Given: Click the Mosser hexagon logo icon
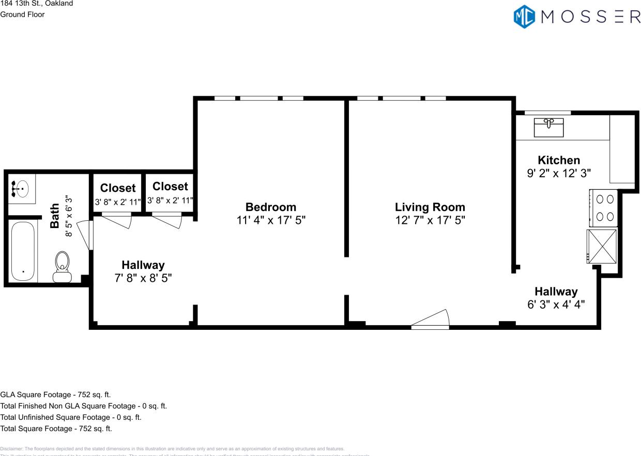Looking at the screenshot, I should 524,16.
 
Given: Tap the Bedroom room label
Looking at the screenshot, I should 271,207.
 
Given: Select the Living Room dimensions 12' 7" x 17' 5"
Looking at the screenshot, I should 430,220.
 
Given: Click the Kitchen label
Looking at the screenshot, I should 559,160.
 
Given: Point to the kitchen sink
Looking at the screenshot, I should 548,127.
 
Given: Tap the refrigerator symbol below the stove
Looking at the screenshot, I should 602,246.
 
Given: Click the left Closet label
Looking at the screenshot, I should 118,188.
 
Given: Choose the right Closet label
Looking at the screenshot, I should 170,186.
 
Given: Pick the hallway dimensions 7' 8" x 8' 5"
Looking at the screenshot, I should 143,278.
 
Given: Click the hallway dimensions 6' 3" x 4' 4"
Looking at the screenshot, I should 556,305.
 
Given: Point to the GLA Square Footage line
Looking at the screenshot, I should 55,394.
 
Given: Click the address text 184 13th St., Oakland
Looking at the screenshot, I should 36,4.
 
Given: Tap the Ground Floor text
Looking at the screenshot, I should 22,14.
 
